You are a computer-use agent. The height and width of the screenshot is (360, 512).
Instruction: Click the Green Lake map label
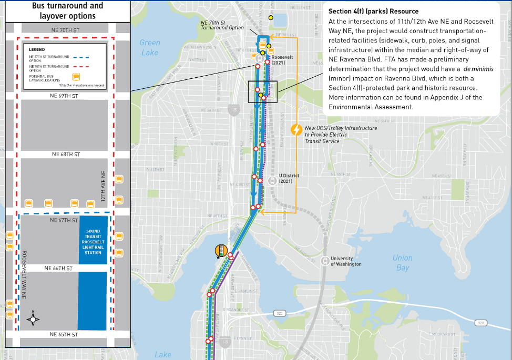pyautogui.click(x=149, y=48)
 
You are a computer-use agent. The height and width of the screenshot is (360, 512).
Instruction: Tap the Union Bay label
pyautogui.click(x=402, y=263)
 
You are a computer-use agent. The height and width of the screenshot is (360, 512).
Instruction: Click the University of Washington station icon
pyautogui.click(x=325, y=260)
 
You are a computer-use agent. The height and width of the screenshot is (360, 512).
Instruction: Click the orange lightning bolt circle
pyautogui.click(x=296, y=129)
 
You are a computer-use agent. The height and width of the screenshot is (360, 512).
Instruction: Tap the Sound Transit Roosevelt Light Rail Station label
pyautogui.click(x=93, y=242)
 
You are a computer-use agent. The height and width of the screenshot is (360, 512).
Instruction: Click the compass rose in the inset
pyautogui.click(x=34, y=319)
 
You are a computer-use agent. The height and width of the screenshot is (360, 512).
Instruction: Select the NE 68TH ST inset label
pyautogui.click(x=65, y=155)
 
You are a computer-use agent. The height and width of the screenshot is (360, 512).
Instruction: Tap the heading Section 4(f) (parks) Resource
pyautogui.click(x=373, y=11)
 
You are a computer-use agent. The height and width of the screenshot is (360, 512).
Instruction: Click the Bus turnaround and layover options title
pyautogui.click(x=68, y=11)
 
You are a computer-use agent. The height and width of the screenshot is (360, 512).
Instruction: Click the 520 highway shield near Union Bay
pyautogui.click(x=278, y=314)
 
